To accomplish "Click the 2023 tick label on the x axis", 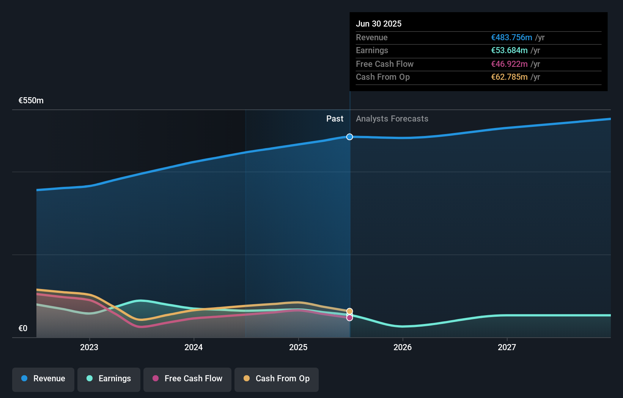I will tap(89, 347).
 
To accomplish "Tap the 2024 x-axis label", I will tap(194, 347).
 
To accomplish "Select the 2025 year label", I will tap(298, 347).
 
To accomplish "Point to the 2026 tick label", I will tap(403, 347).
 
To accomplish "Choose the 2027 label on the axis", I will tap(507, 347).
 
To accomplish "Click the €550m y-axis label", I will tap(31, 101).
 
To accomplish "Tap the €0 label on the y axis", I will tap(23, 329).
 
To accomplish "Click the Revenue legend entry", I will tap(43, 379).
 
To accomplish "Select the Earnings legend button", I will tap(109, 379).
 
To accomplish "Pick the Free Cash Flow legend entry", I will tap(187, 379).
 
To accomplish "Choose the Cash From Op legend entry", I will tap(277, 379).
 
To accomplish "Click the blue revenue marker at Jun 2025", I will tap(349, 137).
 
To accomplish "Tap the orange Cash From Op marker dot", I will tap(349, 311).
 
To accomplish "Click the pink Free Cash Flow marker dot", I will tap(349, 318).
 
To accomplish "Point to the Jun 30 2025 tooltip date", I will tap(379, 24).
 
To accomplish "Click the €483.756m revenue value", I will tap(511, 37).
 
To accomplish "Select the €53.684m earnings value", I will tap(509, 50).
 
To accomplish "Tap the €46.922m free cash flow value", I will tap(509, 64).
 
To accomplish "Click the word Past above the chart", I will tap(335, 119).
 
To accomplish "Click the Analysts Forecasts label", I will tap(392, 119).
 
